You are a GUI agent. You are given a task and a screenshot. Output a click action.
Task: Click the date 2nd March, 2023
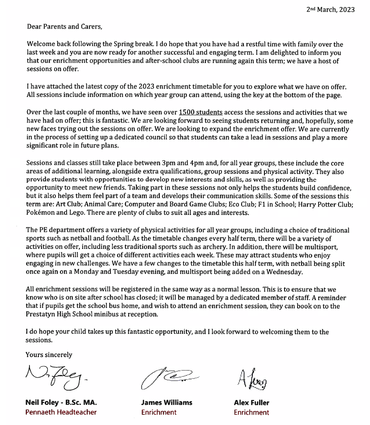[330, 10]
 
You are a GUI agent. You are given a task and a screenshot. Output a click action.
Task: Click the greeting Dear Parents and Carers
[64, 26]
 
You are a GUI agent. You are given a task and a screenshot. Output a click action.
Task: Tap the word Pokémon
[40, 213]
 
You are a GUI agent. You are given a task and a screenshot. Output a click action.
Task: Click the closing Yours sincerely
[49, 355]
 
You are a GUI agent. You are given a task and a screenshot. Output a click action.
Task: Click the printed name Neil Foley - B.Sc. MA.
[61, 403]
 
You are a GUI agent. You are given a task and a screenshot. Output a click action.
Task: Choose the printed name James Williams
[166, 403]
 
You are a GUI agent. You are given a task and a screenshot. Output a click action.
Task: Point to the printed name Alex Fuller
[251, 403]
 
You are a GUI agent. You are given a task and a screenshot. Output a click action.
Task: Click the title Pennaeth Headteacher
[61, 412]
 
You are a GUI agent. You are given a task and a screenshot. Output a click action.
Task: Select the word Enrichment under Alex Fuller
[251, 412]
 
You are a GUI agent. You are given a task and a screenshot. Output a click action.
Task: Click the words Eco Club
[237, 204]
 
